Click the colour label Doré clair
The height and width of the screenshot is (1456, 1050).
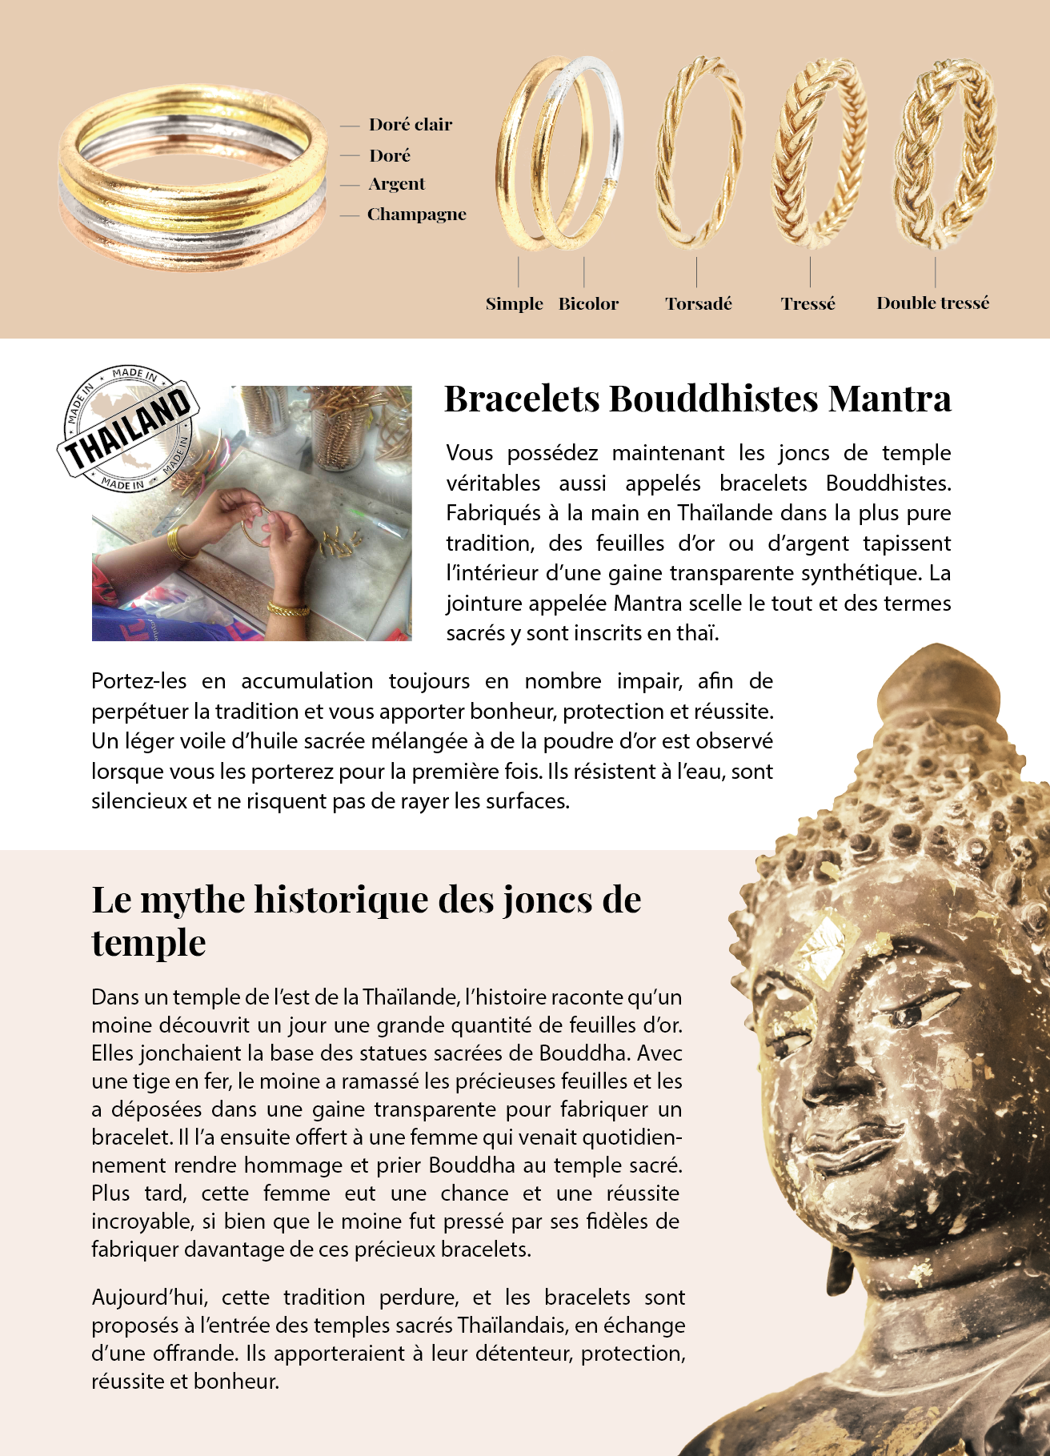(x=410, y=124)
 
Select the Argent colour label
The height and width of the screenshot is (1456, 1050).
(x=396, y=184)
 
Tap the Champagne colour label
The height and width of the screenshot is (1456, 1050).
(x=416, y=215)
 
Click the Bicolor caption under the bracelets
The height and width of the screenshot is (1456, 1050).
(x=588, y=304)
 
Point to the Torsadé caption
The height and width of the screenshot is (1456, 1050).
(x=698, y=304)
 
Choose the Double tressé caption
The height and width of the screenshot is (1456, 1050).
(x=932, y=303)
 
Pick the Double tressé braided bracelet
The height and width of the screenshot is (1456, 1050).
(x=944, y=152)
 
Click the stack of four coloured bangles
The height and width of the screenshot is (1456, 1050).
(x=192, y=180)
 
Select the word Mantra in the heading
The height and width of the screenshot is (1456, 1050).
(x=889, y=399)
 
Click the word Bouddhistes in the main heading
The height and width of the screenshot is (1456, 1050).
(x=714, y=399)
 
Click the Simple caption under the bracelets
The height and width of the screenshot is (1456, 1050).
(x=514, y=304)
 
